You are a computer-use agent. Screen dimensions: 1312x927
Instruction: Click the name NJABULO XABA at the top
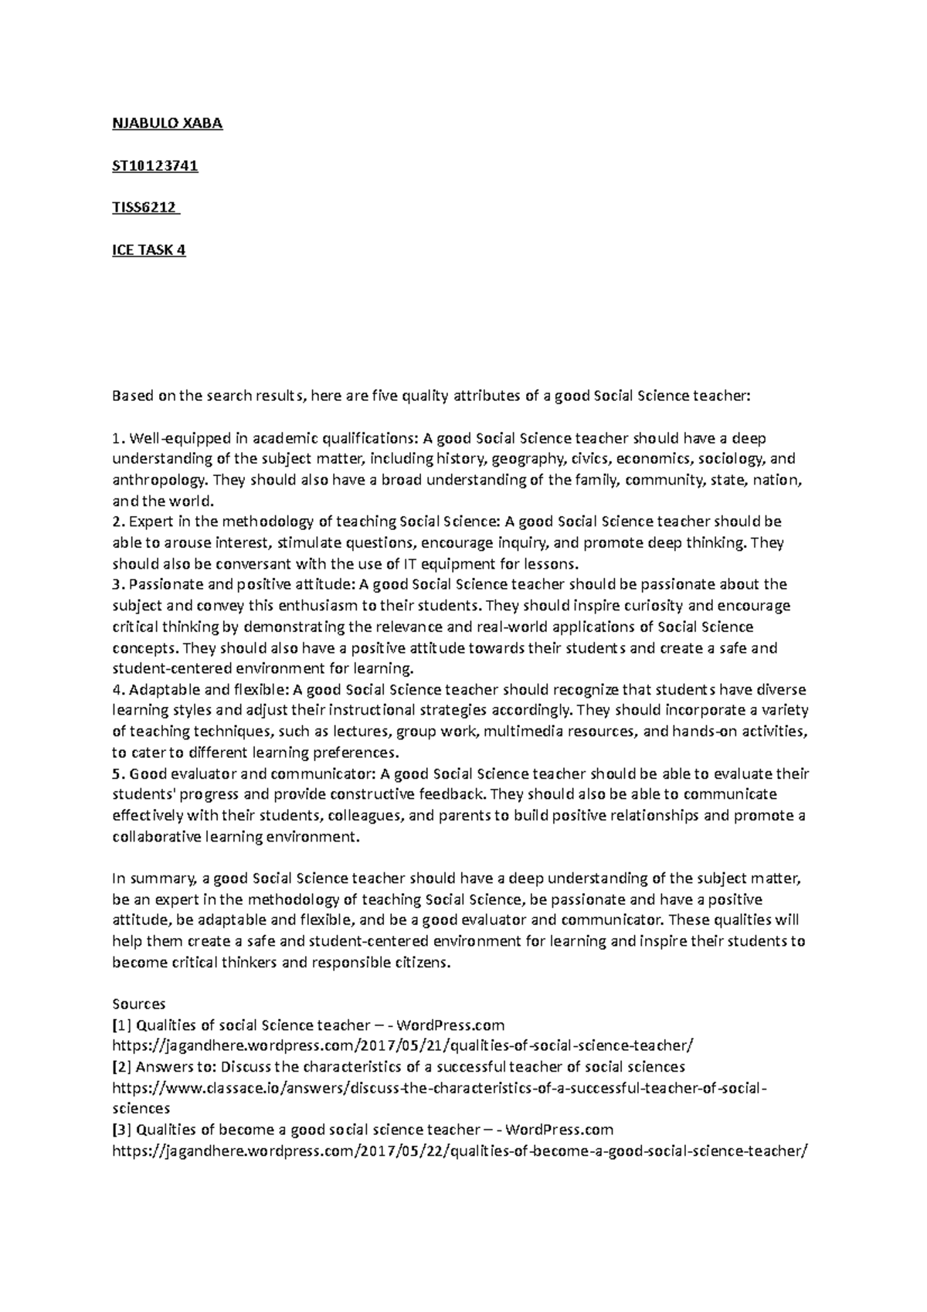point(167,124)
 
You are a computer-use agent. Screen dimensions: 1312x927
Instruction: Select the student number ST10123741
point(155,165)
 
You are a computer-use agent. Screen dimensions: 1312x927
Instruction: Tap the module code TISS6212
point(144,208)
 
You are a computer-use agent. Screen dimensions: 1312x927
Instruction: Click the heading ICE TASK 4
point(149,250)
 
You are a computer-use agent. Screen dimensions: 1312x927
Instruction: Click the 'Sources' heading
point(139,1004)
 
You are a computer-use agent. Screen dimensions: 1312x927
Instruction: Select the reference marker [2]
point(122,1067)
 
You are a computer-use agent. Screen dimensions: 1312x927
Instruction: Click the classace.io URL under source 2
point(440,1088)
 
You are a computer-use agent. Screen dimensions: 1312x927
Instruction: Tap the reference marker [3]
point(122,1130)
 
